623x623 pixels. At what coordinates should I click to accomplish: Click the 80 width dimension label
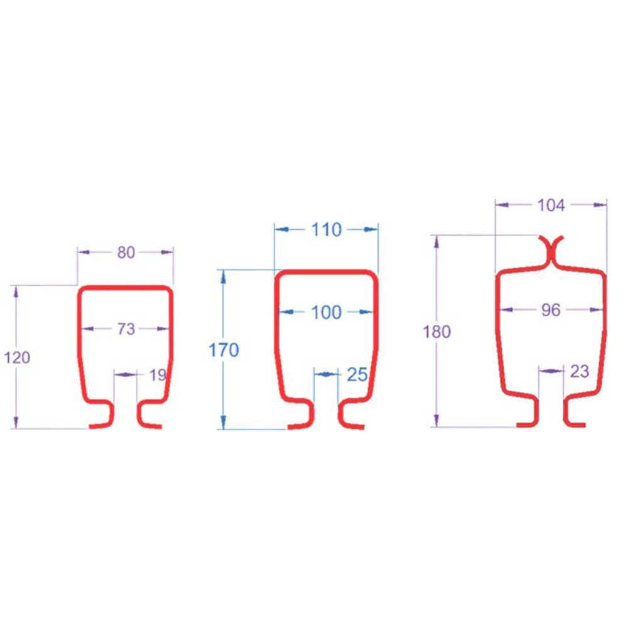coord(126,252)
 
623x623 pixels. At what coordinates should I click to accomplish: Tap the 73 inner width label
coord(126,329)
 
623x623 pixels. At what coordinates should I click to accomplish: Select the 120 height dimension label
coord(17,358)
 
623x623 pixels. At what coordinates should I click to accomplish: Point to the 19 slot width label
coord(158,375)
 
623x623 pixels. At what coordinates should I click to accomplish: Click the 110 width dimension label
coord(326,230)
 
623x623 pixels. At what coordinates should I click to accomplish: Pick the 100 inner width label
coord(326,313)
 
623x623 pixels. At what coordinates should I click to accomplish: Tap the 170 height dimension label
coord(224,350)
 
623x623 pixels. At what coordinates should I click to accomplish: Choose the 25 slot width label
coord(357,375)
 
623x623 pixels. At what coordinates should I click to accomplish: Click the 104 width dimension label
coord(551,205)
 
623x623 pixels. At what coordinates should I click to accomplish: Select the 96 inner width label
coord(551,310)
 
